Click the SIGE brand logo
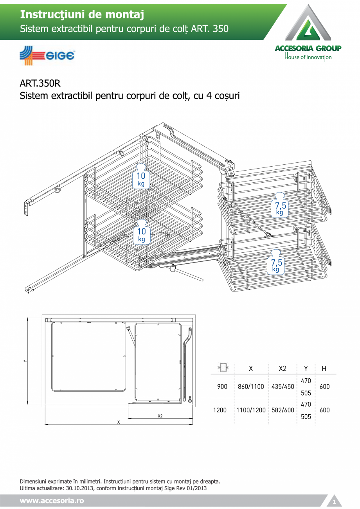47,56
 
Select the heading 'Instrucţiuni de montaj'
82,15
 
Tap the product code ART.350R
40,83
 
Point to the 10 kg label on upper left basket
141,179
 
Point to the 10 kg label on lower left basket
141,235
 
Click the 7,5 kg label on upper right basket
280,208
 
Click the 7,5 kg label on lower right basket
276,265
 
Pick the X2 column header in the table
282,369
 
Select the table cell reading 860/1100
251,387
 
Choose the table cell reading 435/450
283,387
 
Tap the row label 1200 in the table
220,410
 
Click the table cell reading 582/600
283,410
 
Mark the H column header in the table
324,369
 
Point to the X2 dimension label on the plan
160,416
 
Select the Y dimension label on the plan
25,361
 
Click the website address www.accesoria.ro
52,501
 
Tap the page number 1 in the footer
334,502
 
